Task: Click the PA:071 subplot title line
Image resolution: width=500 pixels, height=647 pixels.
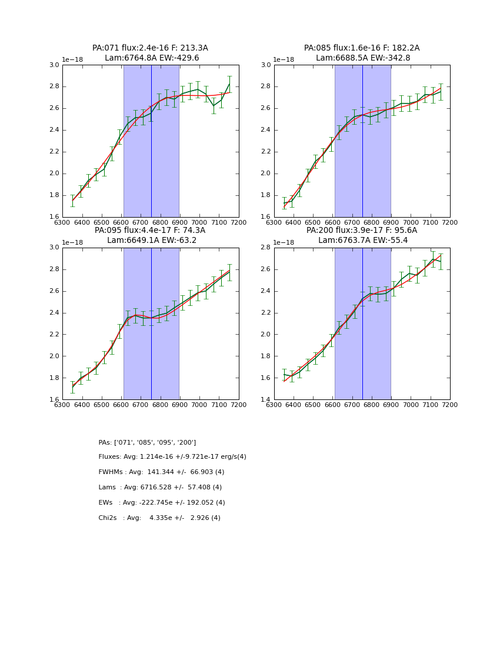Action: (150, 48)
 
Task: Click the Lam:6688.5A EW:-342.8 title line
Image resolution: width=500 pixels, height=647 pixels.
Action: (362, 58)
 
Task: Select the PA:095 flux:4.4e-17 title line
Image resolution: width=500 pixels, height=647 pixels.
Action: (150, 231)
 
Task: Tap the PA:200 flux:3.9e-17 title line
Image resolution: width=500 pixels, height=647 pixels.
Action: (362, 231)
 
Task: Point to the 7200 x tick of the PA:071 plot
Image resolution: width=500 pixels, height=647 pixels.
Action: (239, 222)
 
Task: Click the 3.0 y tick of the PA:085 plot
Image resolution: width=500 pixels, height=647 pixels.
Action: (265, 65)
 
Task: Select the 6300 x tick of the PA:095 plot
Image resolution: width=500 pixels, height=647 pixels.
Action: (62, 405)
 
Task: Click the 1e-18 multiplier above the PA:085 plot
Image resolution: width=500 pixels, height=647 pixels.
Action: (285, 60)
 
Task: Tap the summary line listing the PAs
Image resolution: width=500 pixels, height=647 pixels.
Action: (147, 442)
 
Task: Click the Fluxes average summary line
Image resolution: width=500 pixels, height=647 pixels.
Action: (172, 457)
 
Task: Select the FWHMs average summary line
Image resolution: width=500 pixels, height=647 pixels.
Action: (161, 472)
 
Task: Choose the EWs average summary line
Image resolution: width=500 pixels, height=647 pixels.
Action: (162, 503)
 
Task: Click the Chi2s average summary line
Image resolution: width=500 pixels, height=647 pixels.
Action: (159, 518)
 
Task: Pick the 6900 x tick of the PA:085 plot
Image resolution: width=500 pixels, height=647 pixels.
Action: (391, 222)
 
